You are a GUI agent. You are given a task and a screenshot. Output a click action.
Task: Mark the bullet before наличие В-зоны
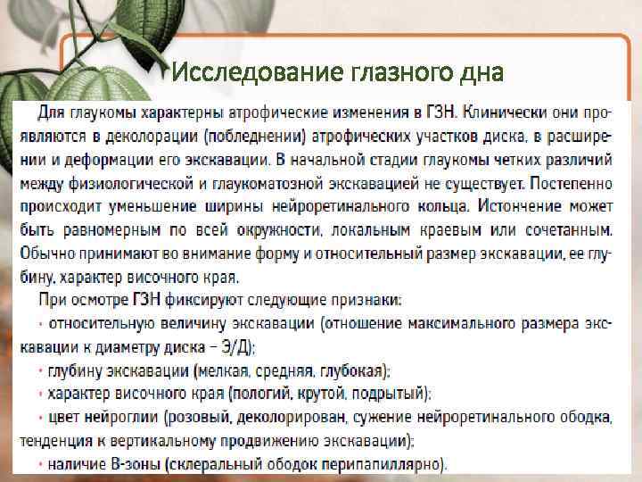pyautogui.click(x=41, y=463)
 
